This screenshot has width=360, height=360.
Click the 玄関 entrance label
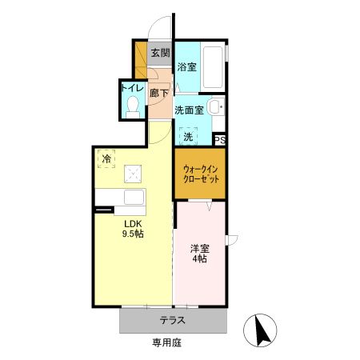(160, 54)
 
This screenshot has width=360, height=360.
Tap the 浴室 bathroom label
(186, 69)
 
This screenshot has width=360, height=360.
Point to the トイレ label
(132, 89)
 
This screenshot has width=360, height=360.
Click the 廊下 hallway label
(159, 94)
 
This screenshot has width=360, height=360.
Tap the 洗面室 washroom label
(190, 110)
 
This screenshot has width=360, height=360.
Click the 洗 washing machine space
(188, 137)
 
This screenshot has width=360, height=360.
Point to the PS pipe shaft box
(220, 140)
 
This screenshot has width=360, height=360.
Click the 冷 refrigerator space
(106, 158)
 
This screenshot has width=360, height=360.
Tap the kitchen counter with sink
(119, 198)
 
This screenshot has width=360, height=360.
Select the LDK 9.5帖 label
(132, 228)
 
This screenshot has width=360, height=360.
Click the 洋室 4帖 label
(200, 254)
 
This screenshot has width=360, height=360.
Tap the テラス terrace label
(173, 321)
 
